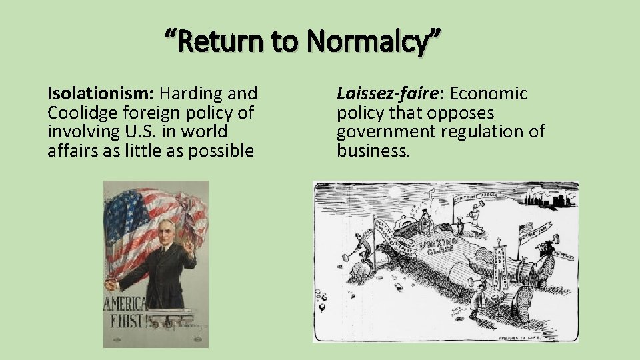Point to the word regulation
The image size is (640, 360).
tap(473, 131)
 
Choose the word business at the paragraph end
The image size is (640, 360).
tap(373, 151)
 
